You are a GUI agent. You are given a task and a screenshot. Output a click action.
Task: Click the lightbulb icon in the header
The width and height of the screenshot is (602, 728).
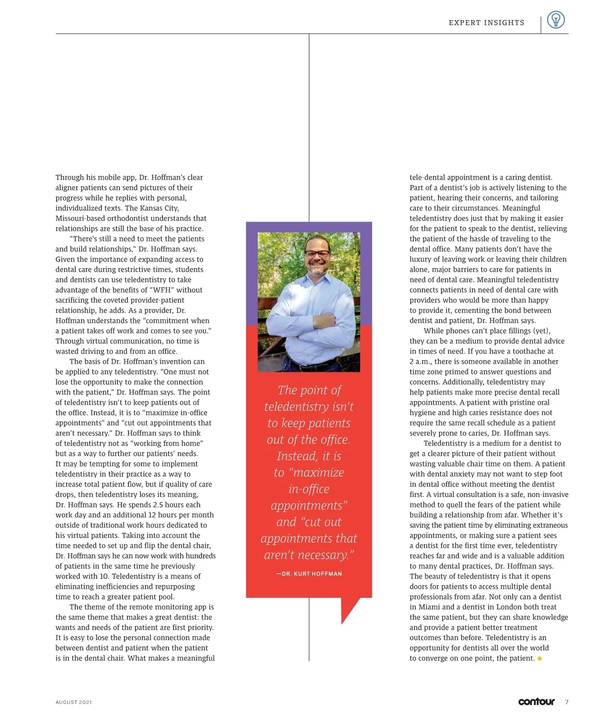555,20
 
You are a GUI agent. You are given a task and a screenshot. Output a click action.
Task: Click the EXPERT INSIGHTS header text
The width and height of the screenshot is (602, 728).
486,23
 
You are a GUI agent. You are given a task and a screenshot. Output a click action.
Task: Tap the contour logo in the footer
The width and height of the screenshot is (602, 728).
536,701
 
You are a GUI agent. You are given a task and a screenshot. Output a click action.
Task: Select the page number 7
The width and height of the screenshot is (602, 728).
566,702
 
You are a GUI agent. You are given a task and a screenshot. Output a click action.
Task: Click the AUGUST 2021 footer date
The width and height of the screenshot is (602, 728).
74,702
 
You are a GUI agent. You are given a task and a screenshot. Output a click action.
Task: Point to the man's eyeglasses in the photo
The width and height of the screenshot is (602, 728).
317,253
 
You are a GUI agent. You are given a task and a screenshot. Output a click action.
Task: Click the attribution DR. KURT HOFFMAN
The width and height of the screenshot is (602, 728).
309,573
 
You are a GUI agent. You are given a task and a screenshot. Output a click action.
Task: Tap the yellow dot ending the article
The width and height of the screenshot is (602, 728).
539,658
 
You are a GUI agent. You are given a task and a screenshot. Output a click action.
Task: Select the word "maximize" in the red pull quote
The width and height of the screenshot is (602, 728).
318,472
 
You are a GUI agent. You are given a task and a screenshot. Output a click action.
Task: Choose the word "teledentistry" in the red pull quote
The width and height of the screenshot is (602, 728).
309,407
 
